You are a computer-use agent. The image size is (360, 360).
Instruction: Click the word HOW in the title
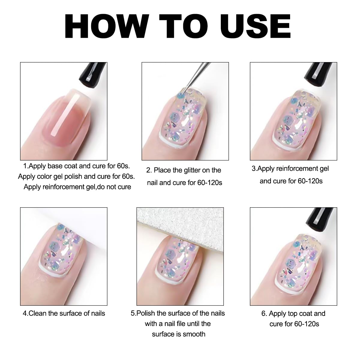point(107,26)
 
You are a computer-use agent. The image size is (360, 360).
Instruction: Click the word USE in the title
point(255,26)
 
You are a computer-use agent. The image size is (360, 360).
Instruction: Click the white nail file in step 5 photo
point(180,228)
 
